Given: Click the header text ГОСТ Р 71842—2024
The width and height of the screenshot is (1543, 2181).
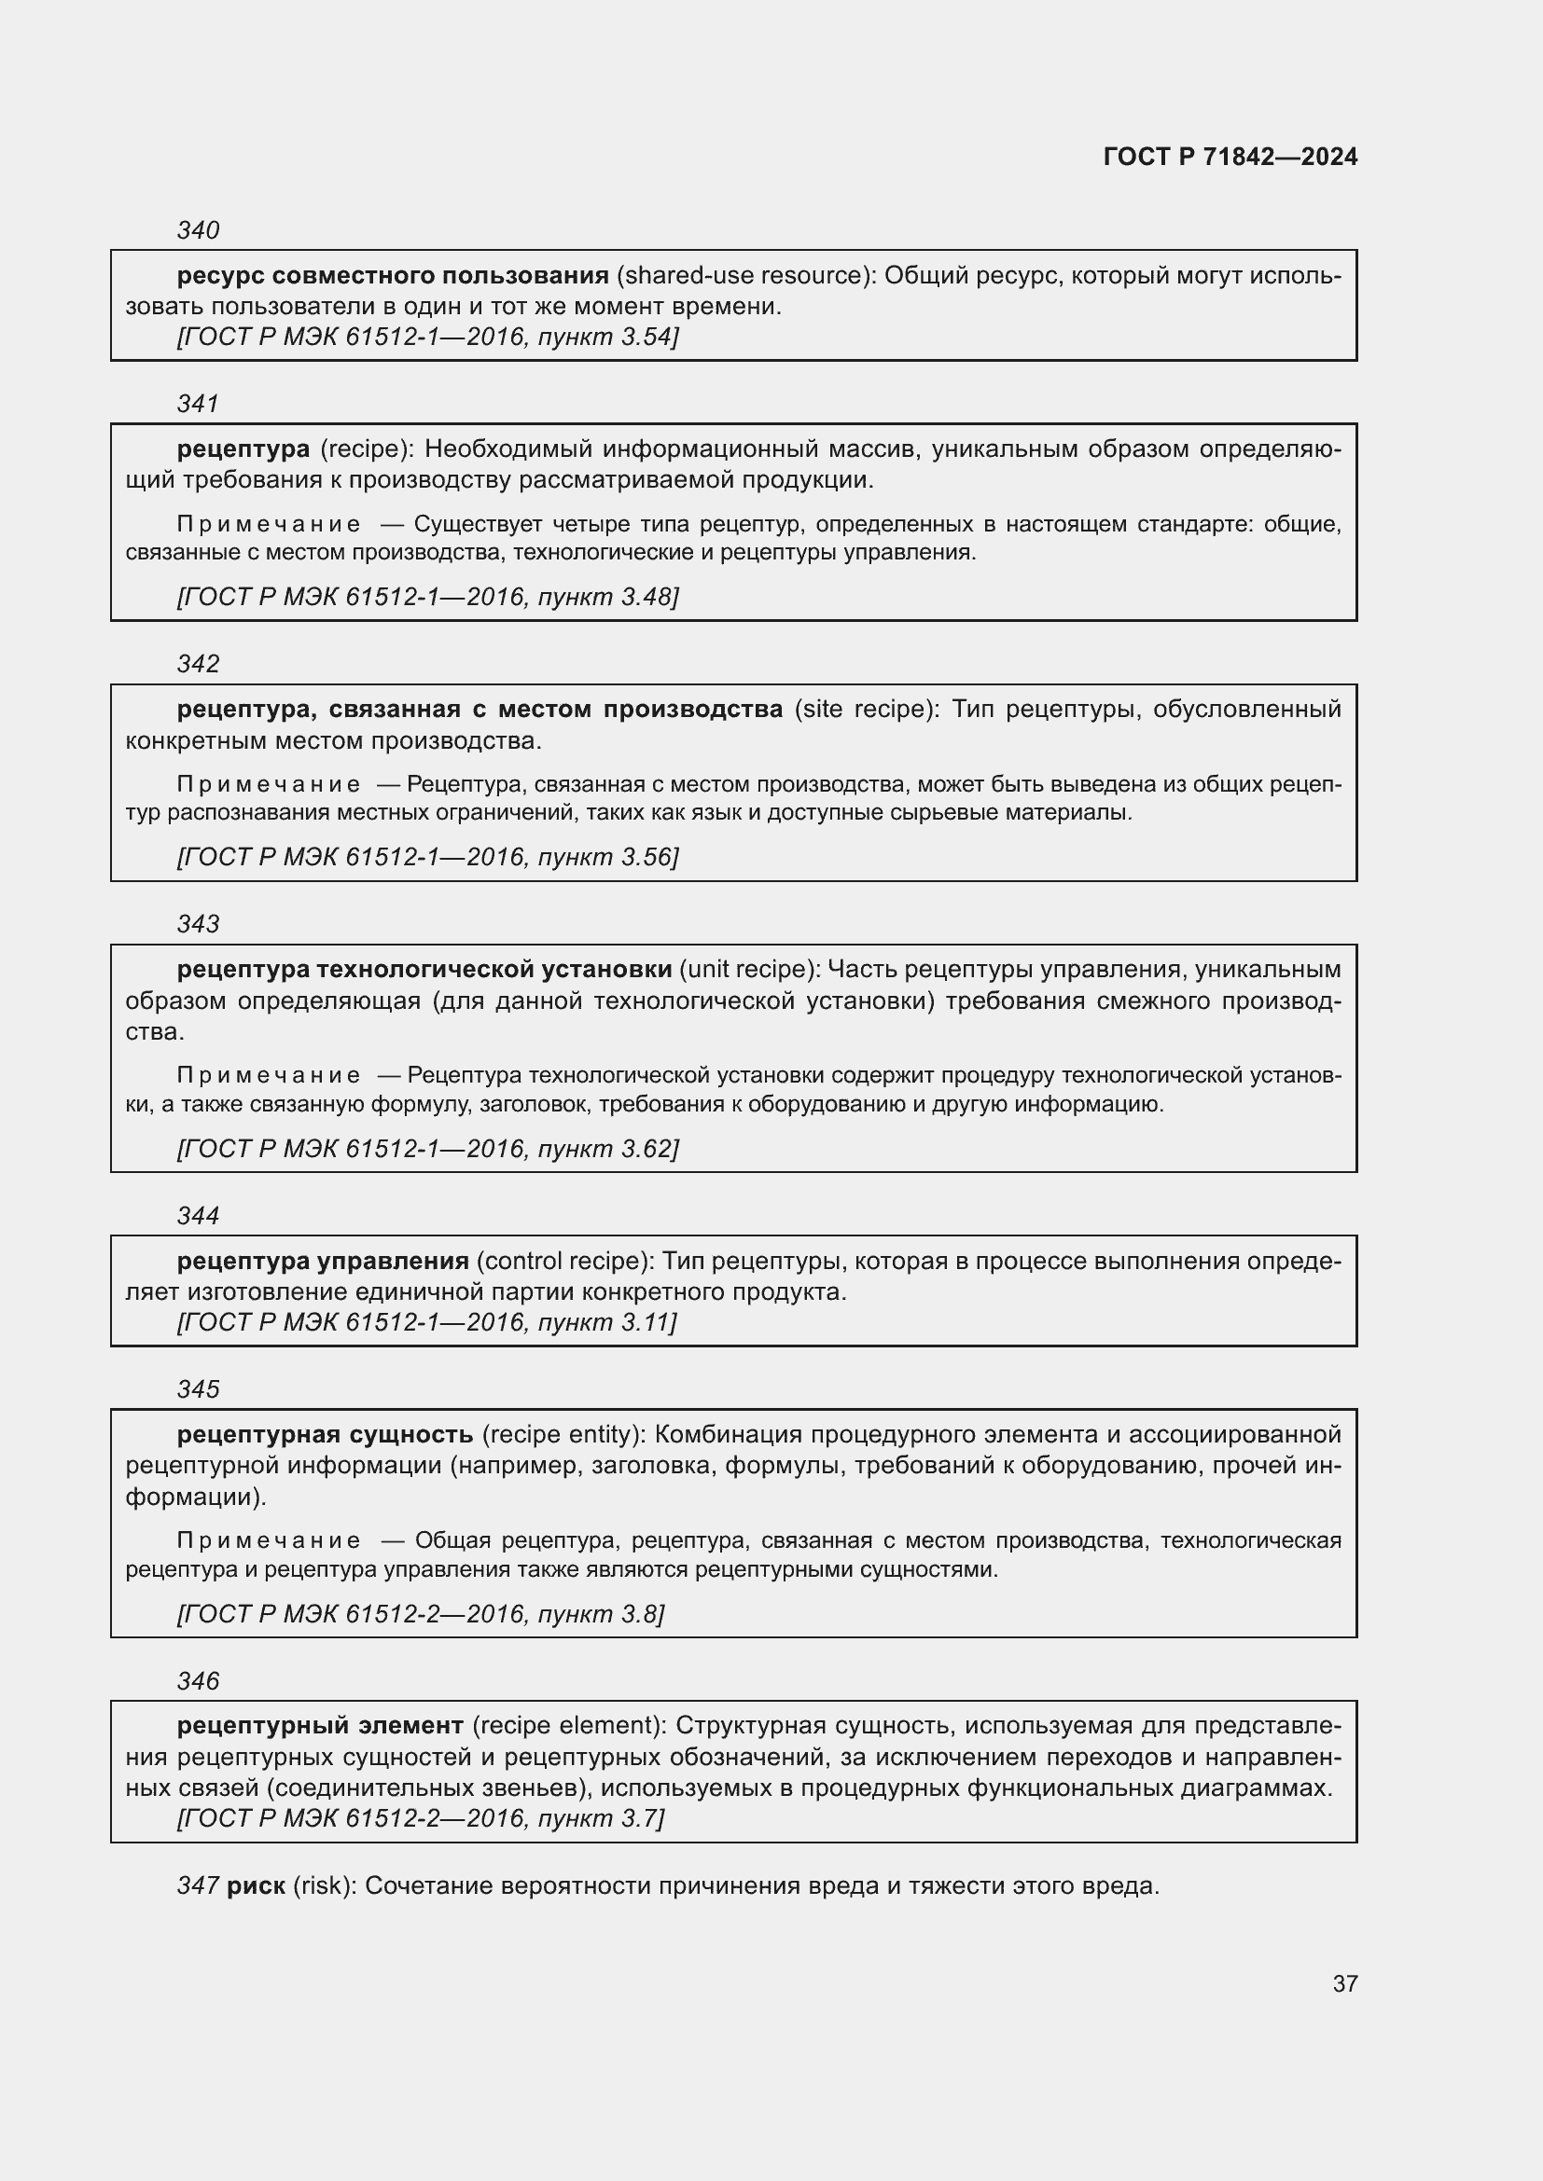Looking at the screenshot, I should tap(1230, 157).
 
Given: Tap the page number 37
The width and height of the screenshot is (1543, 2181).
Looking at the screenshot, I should tap(1344, 1983).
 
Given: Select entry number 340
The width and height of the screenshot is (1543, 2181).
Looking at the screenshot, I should tap(198, 230).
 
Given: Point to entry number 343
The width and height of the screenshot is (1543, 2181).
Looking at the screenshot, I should tap(198, 923).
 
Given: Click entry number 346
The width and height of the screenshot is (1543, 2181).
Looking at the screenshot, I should tap(198, 1680).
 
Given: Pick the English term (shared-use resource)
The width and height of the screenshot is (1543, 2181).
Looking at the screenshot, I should tap(746, 275).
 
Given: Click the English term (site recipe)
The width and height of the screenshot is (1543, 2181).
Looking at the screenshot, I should tap(865, 709).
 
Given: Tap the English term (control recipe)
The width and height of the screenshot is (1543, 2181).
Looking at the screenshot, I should tap(566, 1261).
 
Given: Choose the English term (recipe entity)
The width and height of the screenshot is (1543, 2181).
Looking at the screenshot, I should tap(564, 1433).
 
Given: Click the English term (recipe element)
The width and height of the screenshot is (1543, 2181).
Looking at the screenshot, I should tap(570, 1725).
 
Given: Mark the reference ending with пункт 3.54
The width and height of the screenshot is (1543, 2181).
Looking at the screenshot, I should tap(427, 338).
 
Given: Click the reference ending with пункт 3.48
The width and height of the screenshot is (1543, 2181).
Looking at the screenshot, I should tap(427, 597).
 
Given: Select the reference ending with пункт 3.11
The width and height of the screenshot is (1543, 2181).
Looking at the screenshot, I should tap(426, 1322).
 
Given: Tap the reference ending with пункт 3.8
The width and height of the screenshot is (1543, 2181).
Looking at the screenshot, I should tap(421, 1614).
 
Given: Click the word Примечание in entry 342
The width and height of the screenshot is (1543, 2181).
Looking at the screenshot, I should tap(268, 784).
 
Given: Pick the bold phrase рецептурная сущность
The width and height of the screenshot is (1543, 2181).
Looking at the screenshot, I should tap(325, 1433).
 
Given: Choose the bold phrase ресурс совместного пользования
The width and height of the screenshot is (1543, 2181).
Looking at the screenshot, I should tap(393, 275).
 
